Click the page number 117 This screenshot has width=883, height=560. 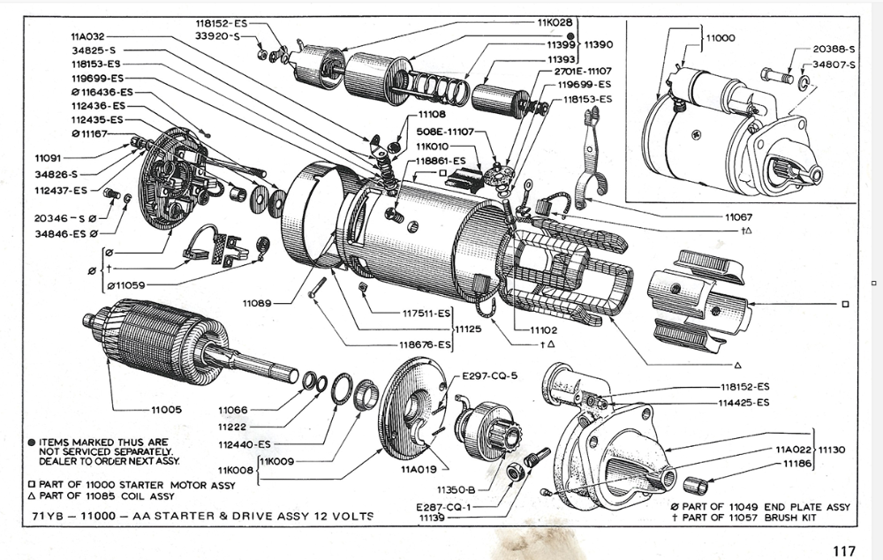tap(843, 549)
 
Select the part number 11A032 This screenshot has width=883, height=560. tap(87, 37)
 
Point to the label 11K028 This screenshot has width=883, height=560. tap(555, 20)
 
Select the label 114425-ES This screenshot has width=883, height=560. tap(744, 403)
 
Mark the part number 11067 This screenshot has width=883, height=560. tap(738, 216)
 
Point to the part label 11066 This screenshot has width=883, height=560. tap(233, 410)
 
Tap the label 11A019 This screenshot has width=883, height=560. tap(418, 469)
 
